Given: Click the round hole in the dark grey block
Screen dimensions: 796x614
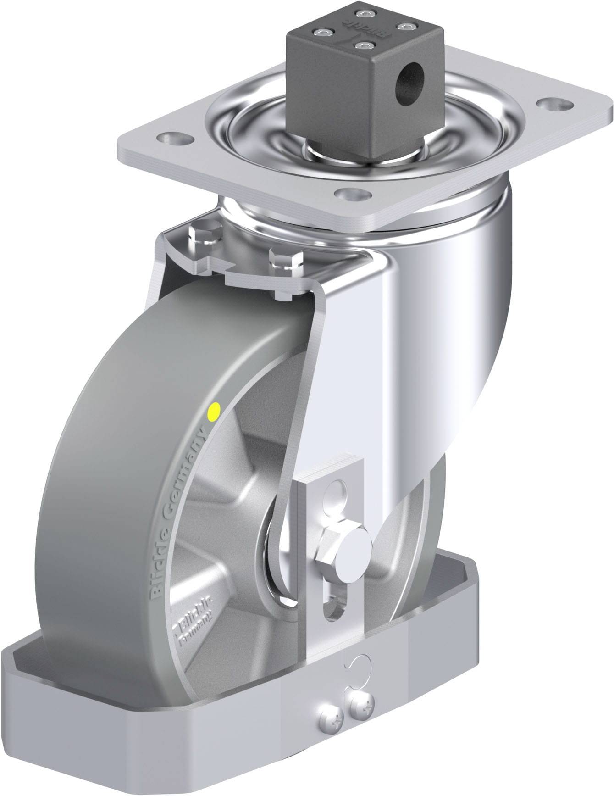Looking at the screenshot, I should point(409,71).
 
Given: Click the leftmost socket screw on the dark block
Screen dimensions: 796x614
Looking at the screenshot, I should point(317,33).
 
